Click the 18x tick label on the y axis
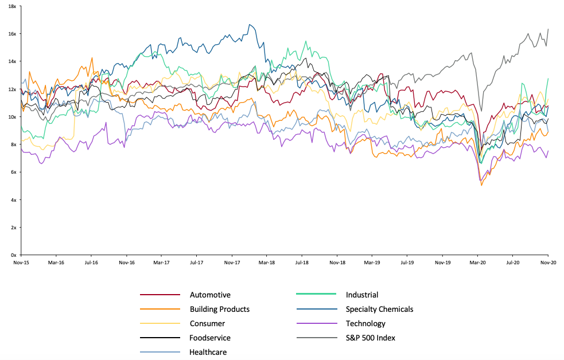pyautogui.click(x=12, y=6)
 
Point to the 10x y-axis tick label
pyautogui.click(x=12, y=116)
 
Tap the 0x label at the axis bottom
pyautogui.click(x=13, y=255)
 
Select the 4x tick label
pyautogui.click(x=13, y=199)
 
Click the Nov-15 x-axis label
pyautogui.click(x=21, y=262)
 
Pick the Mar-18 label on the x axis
pyautogui.click(x=266, y=262)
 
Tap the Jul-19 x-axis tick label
pyautogui.click(x=407, y=262)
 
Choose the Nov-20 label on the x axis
pyautogui.click(x=548, y=262)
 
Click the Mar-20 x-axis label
pyautogui.click(x=477, y=262)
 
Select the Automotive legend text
pyautogui.click(x=210, y=295)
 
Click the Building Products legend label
pyautogui.click(x=220, y=310)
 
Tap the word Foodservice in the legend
pyautogui.click(x=210, y=338)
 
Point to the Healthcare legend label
pyautogui.click(x=208, y=353)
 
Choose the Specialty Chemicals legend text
pyautogui.click(x=379, y=310)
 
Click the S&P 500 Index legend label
pyautogui.click(x=371, y=338)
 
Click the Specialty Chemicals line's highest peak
pyautogui.click(x=250, y=25)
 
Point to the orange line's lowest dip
pyautogui.click(x=481, y=185)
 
